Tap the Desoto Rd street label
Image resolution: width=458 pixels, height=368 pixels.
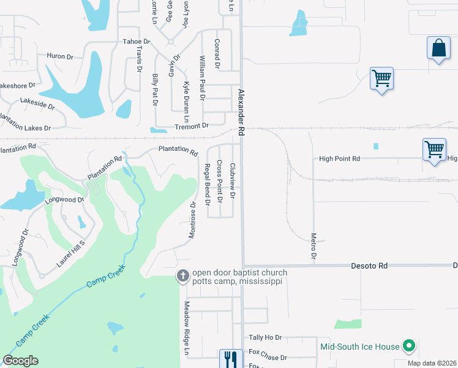pyautogui.click(x=370, y=266)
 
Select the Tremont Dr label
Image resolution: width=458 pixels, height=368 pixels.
pyautogui.click(x=192, y=126)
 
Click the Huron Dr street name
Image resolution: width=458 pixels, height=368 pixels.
pyautogui.click(x=60, y=56)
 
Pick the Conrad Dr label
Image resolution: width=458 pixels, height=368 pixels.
pyautogui.click(x=217, y=53)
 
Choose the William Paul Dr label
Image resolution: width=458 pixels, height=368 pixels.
pyautogui.click(x=202, y=77)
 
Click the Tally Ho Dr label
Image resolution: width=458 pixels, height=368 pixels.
pyautogui.click(x=265, y=338)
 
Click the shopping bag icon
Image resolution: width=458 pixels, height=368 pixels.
pyautogui.click(x=439, y=48)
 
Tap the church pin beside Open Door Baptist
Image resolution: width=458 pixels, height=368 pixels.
pyautogui.click(x=182, y=276)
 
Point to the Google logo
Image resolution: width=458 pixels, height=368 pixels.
pyautogui.click(x=20, y=361)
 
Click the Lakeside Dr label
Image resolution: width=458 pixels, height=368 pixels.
pyautogui.click(x=37, y=102)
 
